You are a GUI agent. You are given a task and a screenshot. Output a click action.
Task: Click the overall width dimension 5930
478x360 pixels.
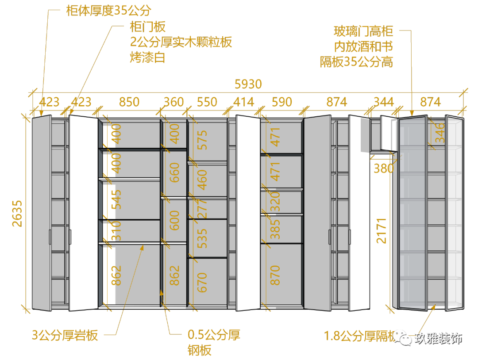(248, 84)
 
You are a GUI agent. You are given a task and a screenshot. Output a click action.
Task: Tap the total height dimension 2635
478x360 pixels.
(17, 213)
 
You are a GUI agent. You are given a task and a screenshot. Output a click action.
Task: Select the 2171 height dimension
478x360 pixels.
(382, 230)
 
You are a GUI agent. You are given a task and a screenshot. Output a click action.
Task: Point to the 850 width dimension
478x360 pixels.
(129, 102)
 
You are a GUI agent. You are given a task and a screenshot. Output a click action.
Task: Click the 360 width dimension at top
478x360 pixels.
(173, 102)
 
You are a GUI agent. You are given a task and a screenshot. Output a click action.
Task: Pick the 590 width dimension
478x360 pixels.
(281, 102)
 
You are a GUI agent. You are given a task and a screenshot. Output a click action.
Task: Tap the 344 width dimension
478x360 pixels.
(383, 102)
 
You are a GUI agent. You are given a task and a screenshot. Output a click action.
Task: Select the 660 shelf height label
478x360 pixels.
(175, 173)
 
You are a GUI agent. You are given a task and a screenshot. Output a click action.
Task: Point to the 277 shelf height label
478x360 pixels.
(202, 209)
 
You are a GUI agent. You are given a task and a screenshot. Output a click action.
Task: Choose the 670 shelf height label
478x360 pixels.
(202, 282)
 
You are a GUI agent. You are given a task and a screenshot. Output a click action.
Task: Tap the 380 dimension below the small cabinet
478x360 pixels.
(383, 169)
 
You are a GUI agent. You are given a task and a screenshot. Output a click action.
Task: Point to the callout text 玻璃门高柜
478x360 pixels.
(363, 32)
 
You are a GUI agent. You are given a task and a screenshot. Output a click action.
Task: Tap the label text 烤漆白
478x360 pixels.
(147, 57)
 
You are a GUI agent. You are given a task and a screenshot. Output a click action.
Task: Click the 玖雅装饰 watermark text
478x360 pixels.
(438, 339)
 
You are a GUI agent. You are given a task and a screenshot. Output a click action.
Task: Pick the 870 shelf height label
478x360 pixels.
(275, 275)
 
